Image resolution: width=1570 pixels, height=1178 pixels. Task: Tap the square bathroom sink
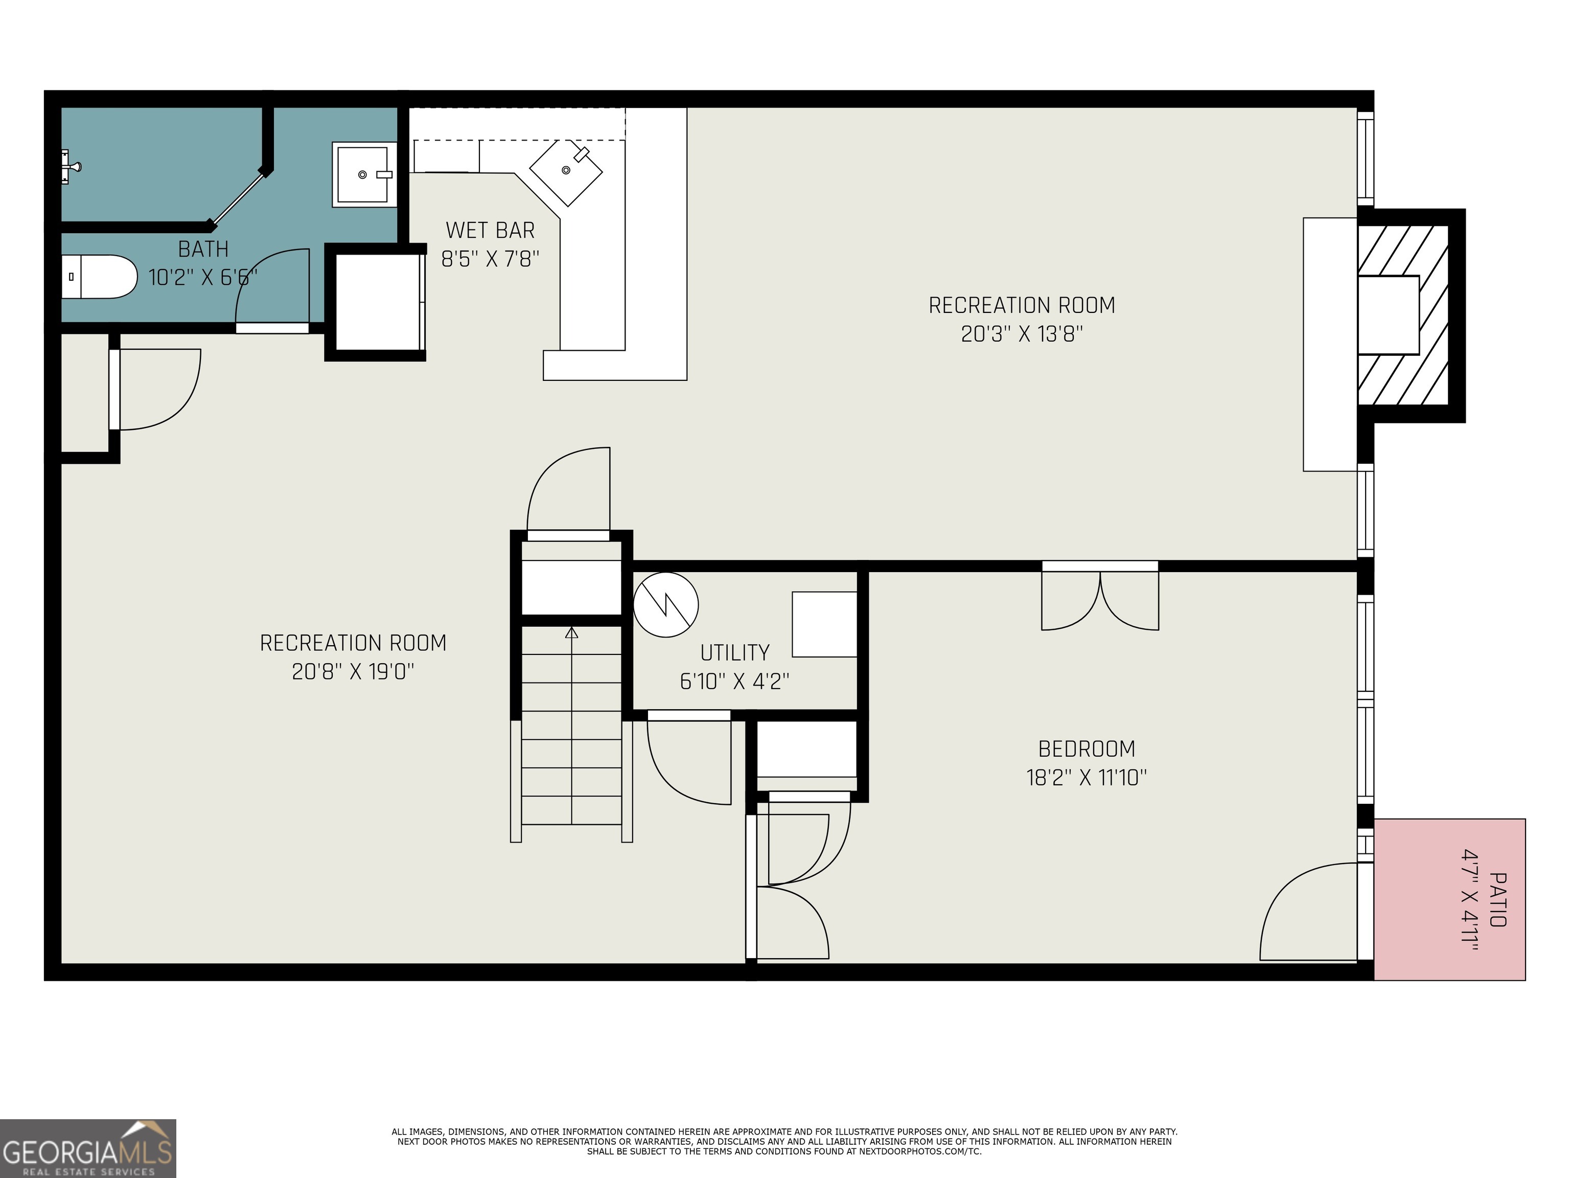363,174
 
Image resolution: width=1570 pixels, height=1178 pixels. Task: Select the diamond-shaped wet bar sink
566,170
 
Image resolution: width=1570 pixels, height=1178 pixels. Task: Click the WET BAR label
490,230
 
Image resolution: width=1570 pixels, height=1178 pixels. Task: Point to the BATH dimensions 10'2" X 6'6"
202,277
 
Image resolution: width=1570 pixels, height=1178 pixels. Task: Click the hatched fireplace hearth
1402,315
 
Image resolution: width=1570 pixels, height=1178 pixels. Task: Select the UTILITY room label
734,652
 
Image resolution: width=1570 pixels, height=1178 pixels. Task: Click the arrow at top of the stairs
572,632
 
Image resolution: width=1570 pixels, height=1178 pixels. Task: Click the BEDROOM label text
1086,749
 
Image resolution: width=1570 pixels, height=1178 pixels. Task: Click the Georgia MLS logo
87,1148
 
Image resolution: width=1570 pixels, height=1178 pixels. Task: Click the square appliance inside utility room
824,624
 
